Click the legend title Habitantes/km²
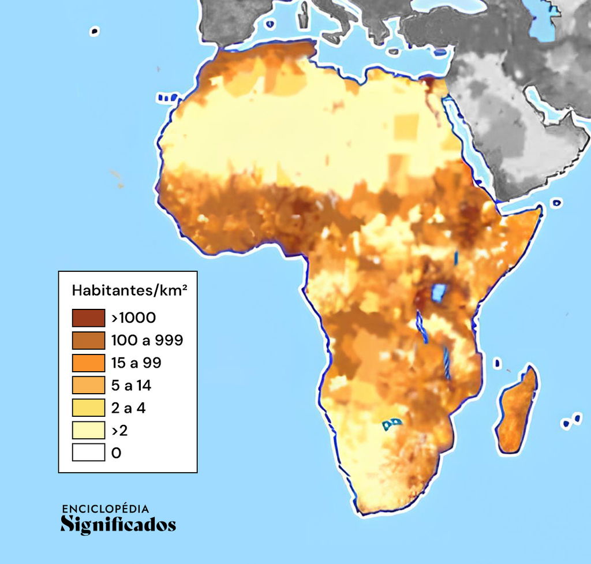[129, 290]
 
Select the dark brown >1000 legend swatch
[88, 318]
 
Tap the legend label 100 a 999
[147, 340]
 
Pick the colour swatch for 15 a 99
[88, 363]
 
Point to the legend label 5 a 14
[131, 385]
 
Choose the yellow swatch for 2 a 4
[88, 408]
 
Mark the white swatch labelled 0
[88, 453]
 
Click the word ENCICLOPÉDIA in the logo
[105, 509]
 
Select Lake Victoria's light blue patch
[440, 292]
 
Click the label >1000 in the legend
[133, 318]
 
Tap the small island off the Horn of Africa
[556, 203]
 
